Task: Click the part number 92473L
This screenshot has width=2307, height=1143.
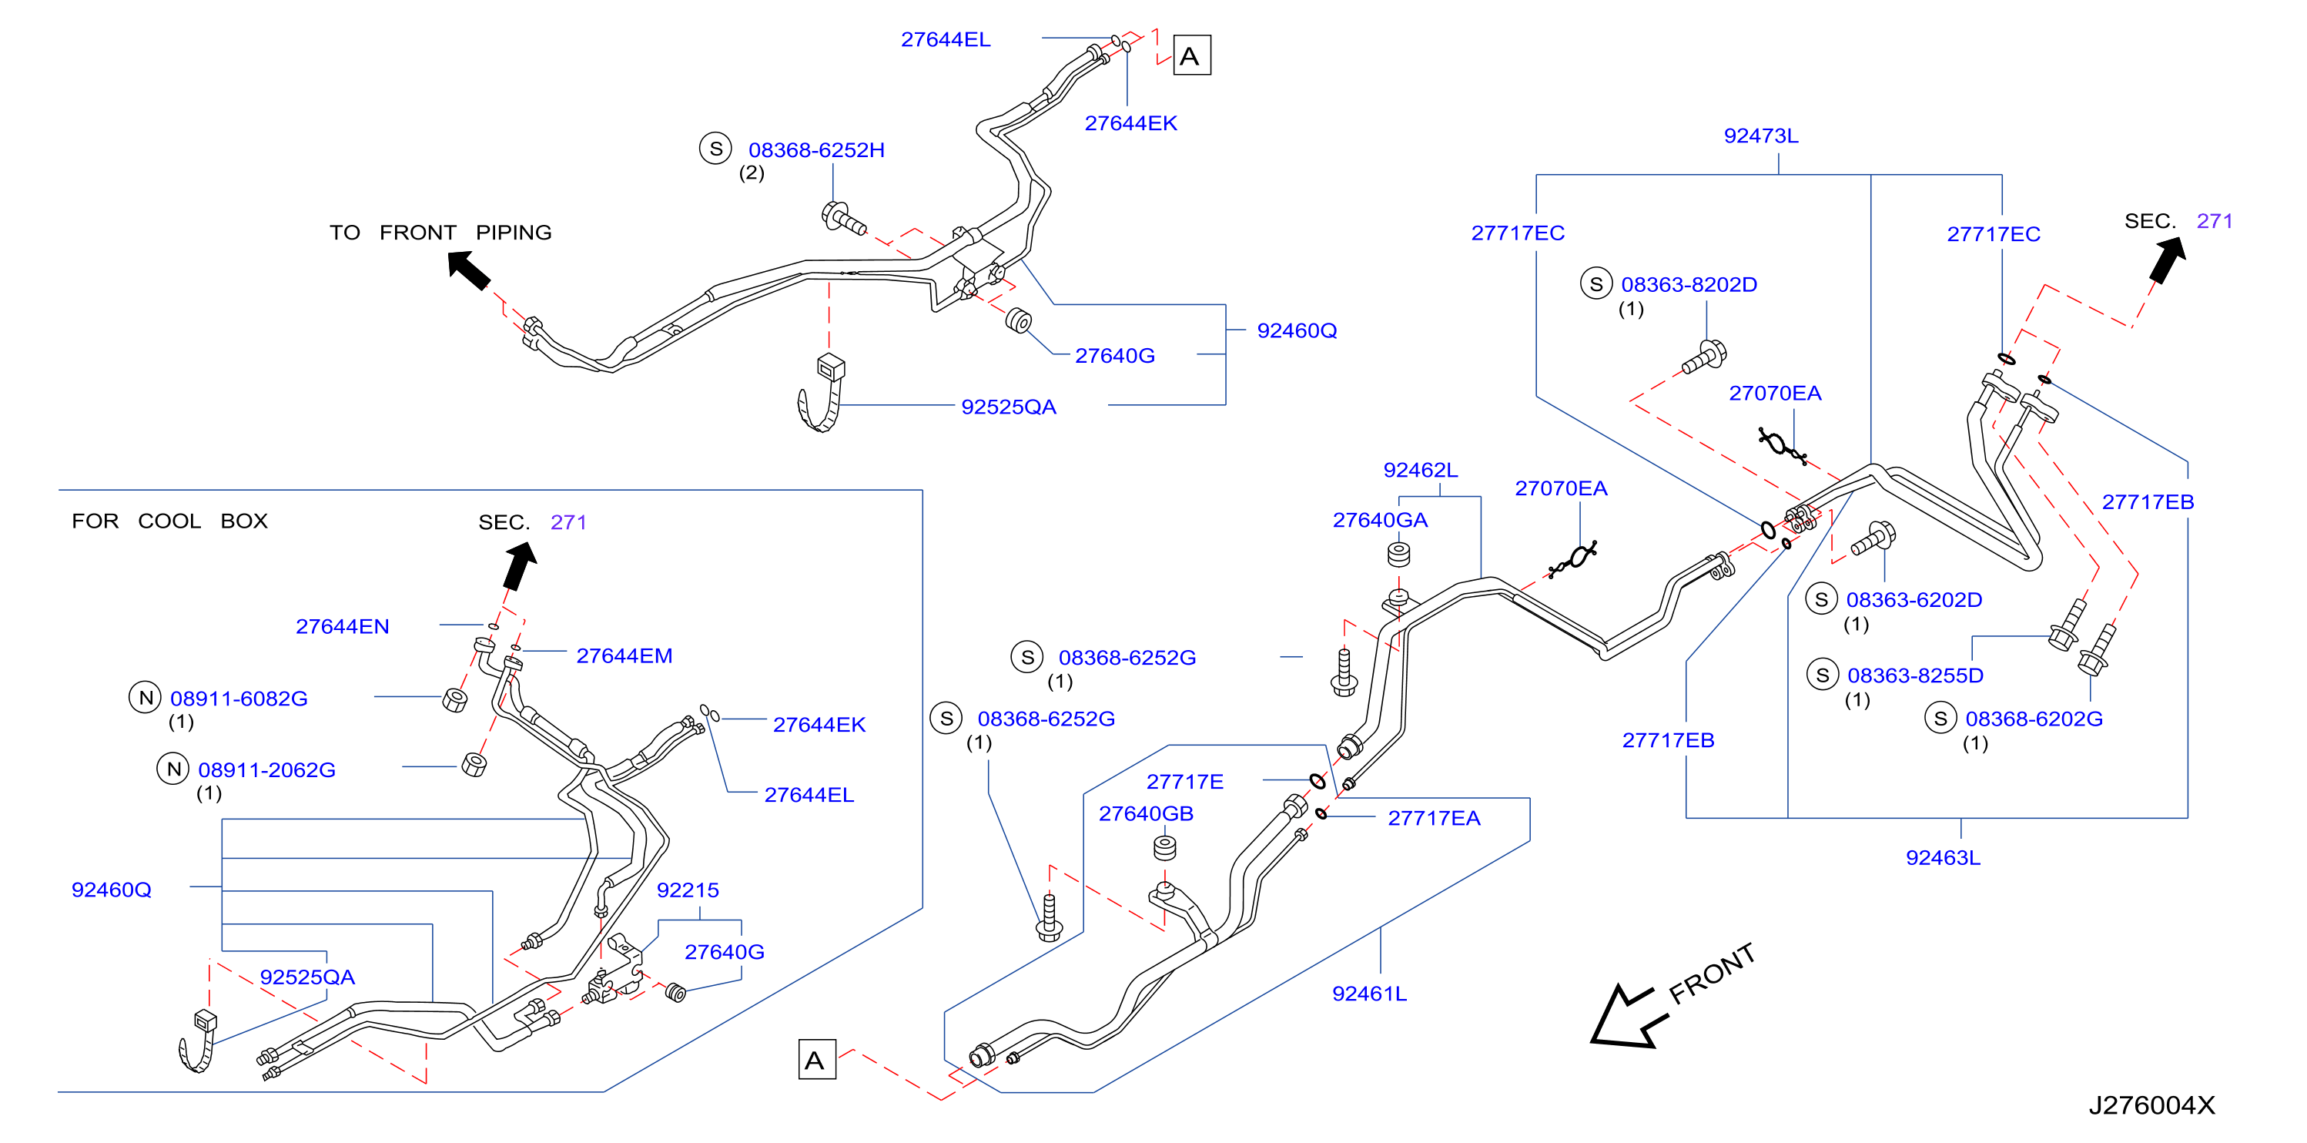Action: pyautogui.click(x=1761, y=136)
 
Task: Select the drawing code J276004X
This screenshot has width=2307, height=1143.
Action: pyautogui.click(x=2151, y=1104)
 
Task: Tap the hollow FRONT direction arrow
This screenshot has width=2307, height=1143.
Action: pyautogui.click(x=1630, y=1017)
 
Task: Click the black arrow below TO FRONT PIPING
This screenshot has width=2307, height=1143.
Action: pyautogui.click(x=468, y=269)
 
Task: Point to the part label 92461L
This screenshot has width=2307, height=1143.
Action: pyautogui.click(x=1369, y=994)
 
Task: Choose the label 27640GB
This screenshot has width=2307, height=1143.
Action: pyautogui.click(x=1146, y=813)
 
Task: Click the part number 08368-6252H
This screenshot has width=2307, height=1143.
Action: pyautogui.click(x=816, y=149)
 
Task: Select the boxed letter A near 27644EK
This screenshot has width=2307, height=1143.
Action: pyautogui.click(x=1191, y=55)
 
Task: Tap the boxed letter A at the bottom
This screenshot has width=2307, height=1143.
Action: pyautogui.click(x=817, y=1060)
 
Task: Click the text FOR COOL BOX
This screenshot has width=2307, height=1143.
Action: pyautogui.click(x=170, y=521)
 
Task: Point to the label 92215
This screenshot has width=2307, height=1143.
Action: pyautogui.click(x=688, y=890)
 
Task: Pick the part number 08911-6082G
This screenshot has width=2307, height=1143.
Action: pyautogui.click(x=239, y=698)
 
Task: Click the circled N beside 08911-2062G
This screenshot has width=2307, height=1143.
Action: pyautogui.click(x=172, y=769)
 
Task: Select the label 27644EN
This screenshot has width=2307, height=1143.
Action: pyautogui.click(x=342, y=626)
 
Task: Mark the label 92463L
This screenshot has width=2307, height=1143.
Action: pyautogui.click(x=1943, y=857)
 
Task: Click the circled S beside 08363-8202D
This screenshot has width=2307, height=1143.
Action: pyautogui.click(x=1596, y=284)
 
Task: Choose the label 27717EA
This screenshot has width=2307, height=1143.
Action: pyautogui.click(x=1434, y=818)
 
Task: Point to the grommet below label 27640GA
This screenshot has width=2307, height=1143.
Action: pyautogui.click(x=1399, y=555)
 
